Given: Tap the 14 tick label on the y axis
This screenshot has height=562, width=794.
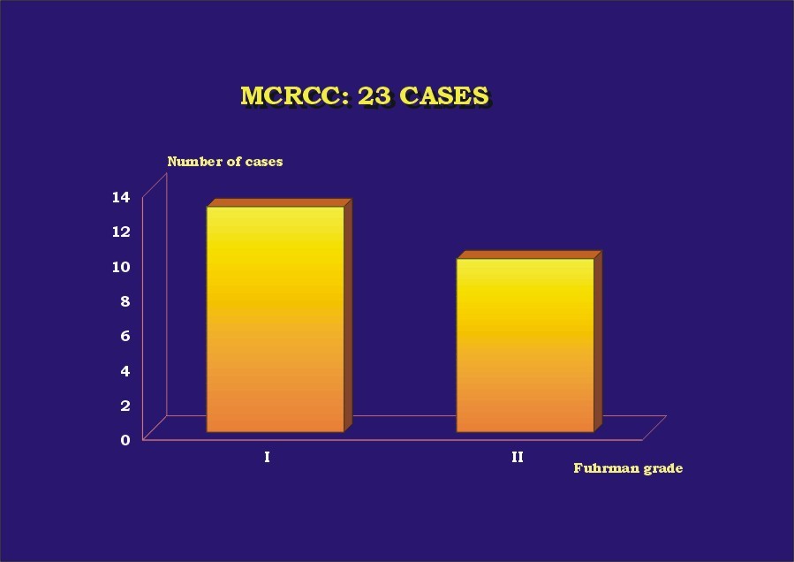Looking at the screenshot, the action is pyautogui.click(x=121, y=197).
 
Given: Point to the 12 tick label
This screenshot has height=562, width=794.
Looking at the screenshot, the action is pyautogui.click(x=121, y=232).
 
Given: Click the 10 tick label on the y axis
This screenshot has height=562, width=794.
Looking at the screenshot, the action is pyautogui.click(x=121, y=267).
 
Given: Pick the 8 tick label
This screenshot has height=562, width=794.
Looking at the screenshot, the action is pyautogui.click(x=125, y=301).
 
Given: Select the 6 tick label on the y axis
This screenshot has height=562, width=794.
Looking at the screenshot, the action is pyautogui.click(x=125, y=336).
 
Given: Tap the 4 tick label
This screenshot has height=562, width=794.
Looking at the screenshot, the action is pyautogui.click(x=125, y=371).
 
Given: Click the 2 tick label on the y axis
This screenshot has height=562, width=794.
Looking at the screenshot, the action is pyautogui.click(x=125, y=406).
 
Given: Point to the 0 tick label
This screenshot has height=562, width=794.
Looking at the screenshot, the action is pyautogui.click(x=125, y=440).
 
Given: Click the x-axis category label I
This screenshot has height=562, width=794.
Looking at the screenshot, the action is pyautogui.click(x=267, y=458).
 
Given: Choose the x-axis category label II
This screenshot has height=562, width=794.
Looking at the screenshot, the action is pyautogui.click(x=517, y=458).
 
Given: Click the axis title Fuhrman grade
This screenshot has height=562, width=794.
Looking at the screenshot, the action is pyautogui.click(x=628, y=468).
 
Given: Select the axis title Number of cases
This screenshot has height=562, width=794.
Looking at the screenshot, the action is pyautogui.click(x=225, y=162).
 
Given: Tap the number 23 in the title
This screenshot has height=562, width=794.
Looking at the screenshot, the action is pyautogui.click(x=374, y=95).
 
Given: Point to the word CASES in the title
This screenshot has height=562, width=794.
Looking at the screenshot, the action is pyautogui.click(x=444, y=95).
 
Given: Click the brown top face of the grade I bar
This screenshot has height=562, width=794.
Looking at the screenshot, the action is pyautogui.click(x=279, y=202).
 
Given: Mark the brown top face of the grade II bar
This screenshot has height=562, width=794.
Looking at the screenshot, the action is pyautogui.click(x=529, y=254).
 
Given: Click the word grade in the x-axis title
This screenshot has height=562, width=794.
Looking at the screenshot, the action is pyautogui.click(x=663, y=468).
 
